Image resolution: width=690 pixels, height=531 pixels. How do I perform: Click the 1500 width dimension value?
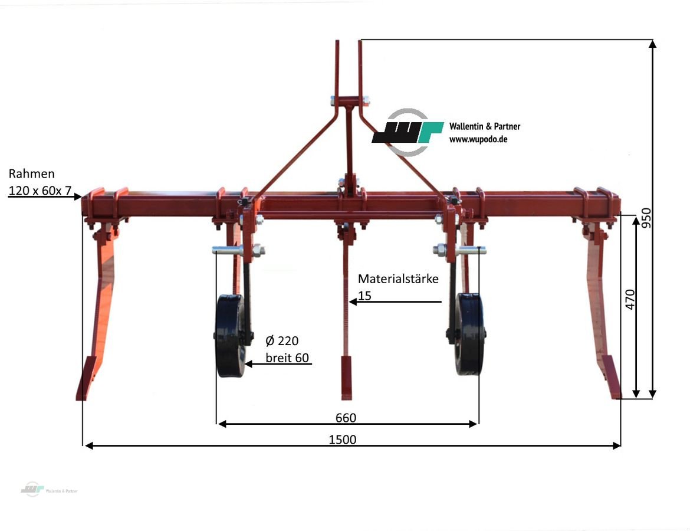343,440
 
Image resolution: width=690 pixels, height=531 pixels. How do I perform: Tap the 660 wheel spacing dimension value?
346,418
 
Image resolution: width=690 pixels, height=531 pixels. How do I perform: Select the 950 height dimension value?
646,218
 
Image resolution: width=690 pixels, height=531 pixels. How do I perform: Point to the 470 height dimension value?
629,300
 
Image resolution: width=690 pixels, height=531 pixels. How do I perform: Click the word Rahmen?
32,173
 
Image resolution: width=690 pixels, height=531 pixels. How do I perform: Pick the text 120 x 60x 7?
40,190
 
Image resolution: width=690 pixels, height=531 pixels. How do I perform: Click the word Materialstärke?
398,278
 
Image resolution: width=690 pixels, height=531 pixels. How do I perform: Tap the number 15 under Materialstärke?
365,295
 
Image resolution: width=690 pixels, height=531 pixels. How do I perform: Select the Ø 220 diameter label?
282,340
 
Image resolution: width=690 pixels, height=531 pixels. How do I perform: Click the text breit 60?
287,357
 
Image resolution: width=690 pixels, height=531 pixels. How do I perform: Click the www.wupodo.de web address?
478,139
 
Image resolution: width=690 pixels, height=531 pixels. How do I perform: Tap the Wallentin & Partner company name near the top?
485,126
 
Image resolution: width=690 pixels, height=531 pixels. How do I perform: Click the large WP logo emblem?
408,132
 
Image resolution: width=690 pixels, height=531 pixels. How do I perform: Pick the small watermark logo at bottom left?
32,489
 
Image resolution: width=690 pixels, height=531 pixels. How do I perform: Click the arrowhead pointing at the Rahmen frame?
78,196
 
